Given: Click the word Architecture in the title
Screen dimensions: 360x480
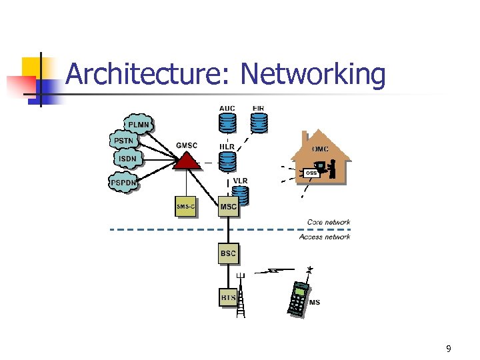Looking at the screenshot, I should (147, 75).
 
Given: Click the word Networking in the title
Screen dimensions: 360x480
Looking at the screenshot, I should (313, 75).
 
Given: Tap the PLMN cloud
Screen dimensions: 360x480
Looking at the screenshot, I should (139, 125).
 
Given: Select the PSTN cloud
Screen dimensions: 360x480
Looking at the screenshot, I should (124, 141).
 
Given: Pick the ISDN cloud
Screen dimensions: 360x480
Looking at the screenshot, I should (127, 159).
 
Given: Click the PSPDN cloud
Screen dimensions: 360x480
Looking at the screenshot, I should (124, 181).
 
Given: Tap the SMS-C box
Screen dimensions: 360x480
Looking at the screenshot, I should (186, 207).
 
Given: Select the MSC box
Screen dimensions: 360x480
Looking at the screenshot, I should (228, 207).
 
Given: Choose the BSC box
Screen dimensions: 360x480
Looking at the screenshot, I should (228, 253).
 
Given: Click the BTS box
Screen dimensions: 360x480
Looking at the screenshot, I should (228, 296).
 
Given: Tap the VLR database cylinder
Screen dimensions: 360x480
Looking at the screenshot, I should (240, 195).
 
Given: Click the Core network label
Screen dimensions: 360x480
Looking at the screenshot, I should (328, 222).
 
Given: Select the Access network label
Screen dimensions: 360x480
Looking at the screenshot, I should (325, 237).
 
